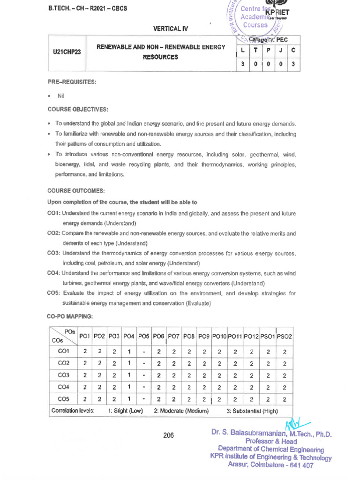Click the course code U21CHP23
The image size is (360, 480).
pyautogui.click(x=67, y=52)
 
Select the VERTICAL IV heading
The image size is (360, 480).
pyautogui.click(x=170, y=29)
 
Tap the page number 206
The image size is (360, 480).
pyautogui.click(x=168, y=435)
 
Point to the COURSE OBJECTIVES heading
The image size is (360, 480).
pyautogui.click(x=77, y=109)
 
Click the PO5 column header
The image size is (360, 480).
pyautogui.click(x=144, y=336)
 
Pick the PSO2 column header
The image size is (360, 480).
pyautogui.click(x=284, y=336)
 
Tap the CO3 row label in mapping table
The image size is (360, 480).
pyautogui.click(x=63, y=375)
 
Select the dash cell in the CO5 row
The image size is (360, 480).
pyautogui.click(x=144, y=399)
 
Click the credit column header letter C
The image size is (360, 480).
pyautogui.click(x=293, y=49)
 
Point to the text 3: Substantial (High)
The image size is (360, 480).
pyautogui.click(x=252, y=411)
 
